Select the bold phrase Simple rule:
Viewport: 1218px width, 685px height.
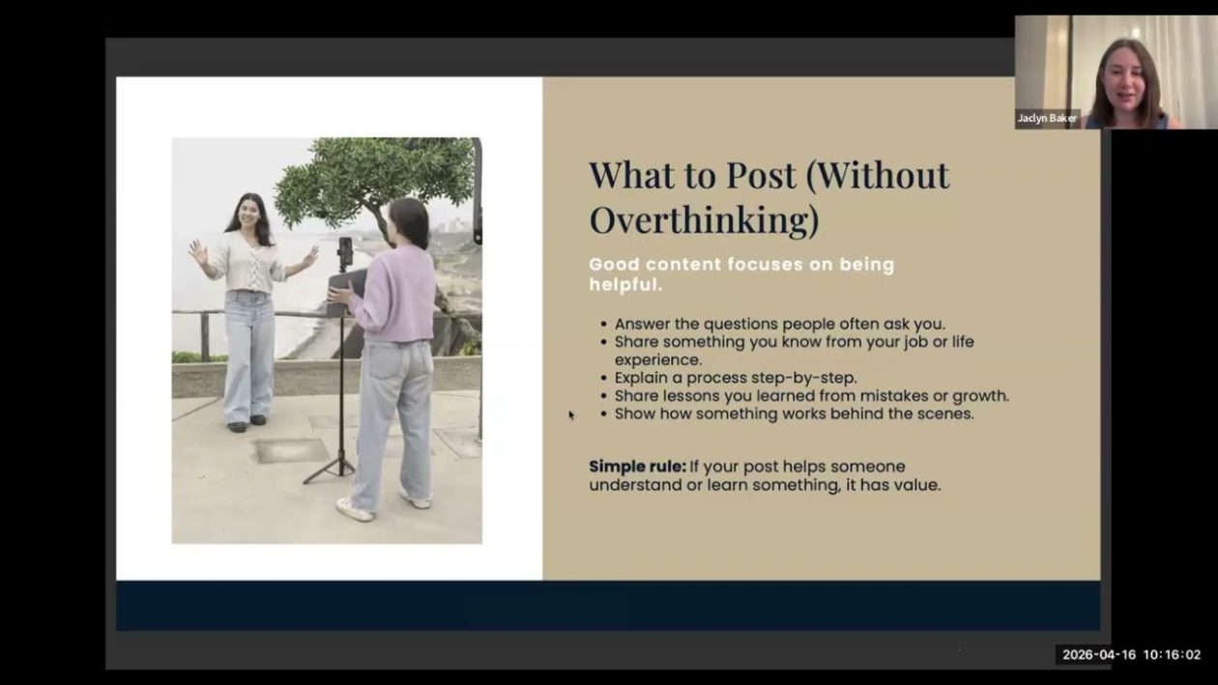pos(637,467)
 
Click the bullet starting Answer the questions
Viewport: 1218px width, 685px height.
pos(779,325)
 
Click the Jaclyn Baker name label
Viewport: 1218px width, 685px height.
pos(1046,118)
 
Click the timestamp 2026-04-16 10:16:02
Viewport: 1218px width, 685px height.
pos(1131,654)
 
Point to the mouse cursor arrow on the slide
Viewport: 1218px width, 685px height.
pos(571,414)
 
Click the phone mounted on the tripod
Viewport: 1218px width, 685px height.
pos(345,252)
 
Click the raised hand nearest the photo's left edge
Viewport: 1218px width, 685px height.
pos(197,252)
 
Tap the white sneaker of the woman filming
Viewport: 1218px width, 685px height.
pos(354,509)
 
